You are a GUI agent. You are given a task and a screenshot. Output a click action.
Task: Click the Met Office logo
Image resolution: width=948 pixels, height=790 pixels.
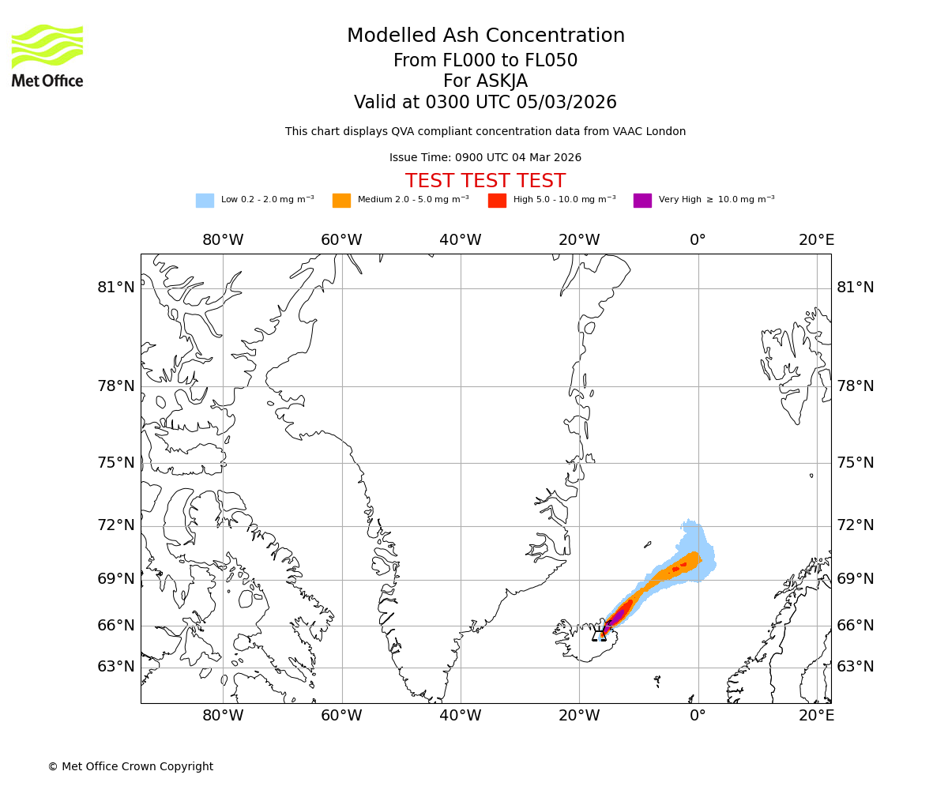[x=47, y=55]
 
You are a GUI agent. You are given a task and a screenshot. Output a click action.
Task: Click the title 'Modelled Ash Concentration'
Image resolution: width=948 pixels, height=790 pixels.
[x=485, y=36]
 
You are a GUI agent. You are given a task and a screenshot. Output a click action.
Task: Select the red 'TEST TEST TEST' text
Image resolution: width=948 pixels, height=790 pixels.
[x=485, y=181]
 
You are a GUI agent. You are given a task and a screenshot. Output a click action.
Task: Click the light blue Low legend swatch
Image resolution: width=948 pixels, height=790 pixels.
[x=205, y=201]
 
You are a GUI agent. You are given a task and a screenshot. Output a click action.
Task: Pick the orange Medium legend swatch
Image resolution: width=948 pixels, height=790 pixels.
[x=341, y=201]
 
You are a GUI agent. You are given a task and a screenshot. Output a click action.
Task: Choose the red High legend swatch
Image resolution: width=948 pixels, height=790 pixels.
[x=497, y=201]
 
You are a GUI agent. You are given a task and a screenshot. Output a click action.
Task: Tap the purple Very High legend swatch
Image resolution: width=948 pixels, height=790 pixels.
[x=642, y=201]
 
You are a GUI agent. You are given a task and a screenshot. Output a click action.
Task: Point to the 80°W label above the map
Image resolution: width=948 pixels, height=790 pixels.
[x=223, y=240]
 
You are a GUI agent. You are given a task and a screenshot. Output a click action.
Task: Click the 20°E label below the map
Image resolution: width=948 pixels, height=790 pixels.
[x=816, y=716]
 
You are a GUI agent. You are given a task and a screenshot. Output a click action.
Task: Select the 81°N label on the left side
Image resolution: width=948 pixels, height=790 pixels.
[x=116, y=288]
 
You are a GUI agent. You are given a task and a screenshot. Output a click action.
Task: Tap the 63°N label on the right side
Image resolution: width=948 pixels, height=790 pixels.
[x=856, y=667]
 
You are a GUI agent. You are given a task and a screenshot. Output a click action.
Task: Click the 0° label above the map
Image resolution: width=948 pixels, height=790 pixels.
[x=698, y=240]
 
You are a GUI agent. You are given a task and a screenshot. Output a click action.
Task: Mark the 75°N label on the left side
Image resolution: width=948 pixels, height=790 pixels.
[x=116, y=463]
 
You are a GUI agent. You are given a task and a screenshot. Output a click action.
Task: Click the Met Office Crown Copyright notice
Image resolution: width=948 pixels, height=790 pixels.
[x=130, y=767]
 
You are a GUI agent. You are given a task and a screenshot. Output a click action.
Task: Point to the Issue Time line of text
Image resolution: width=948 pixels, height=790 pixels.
[x=485, y=158]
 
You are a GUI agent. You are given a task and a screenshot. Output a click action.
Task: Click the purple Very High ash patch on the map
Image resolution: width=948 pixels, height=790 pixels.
[x=617, y=615]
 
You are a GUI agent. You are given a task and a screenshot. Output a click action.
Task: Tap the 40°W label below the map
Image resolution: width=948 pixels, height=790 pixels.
[x=461, y=716]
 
